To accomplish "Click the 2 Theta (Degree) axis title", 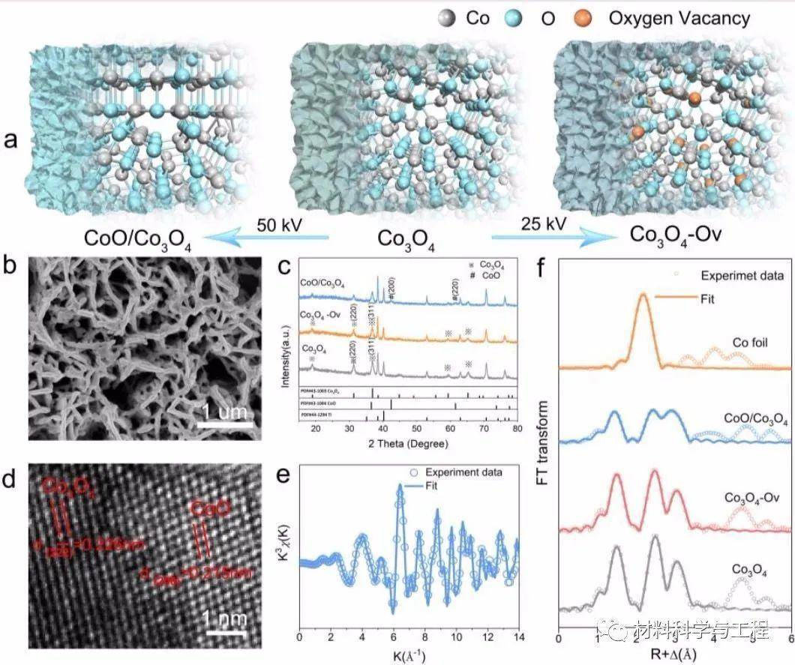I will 415,444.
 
